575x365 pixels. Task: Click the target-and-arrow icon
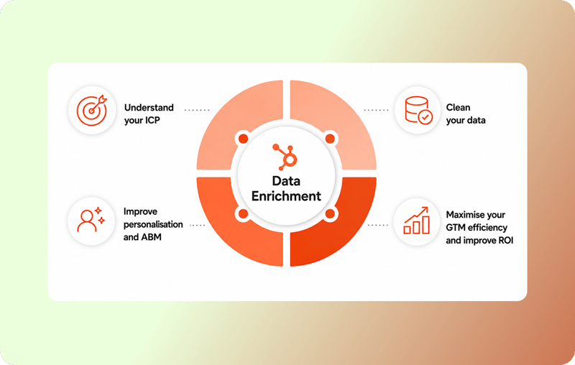(92, 110)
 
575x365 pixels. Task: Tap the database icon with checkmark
(418, 110)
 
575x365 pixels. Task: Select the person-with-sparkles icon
(91, 221)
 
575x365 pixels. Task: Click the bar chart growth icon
(417, 221)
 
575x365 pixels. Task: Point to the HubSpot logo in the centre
(285, 157)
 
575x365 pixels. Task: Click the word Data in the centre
(286, 180)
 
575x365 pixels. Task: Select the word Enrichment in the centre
(286, 196)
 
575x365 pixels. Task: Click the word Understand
(149, 107)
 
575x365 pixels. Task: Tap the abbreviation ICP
(152, 120)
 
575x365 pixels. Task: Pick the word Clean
(458, 107)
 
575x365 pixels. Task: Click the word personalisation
(153, 224)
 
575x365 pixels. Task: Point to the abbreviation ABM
(152, 237)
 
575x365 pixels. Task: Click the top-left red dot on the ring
(243, 139)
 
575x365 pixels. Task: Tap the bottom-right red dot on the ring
(330, 213)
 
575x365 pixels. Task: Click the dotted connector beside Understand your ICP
(196, 110)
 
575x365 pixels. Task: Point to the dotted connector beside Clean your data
(376, 110)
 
